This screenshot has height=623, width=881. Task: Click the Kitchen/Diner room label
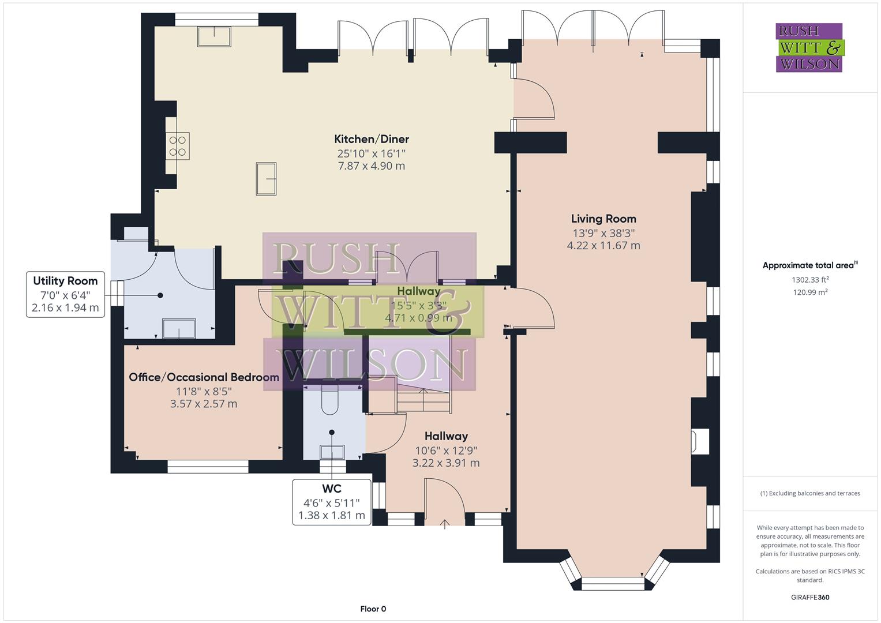(372, 139)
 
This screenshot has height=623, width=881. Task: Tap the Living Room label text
(603, 219)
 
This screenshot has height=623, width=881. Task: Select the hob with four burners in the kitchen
(178, 145)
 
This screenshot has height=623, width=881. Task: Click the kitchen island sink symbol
(266, 179)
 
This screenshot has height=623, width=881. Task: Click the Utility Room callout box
(65, 294)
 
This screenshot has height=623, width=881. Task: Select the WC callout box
(332, 501)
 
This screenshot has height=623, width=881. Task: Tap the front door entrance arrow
(445, 524)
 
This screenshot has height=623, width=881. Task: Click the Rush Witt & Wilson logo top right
(809, 47)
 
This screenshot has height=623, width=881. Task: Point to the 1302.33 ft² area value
(809, 280)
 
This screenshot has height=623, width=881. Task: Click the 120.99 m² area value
(809, 292)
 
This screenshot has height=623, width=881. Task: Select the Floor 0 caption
(373, 609)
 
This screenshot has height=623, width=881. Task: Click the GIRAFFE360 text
(809, 597)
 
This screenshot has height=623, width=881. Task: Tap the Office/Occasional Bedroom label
(204, 377)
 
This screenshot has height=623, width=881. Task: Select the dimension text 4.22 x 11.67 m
(603, 245)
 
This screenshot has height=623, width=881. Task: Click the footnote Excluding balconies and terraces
(809, 493)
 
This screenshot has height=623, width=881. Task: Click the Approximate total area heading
(809, 265)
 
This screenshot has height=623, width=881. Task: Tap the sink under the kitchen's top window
(214, 36)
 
